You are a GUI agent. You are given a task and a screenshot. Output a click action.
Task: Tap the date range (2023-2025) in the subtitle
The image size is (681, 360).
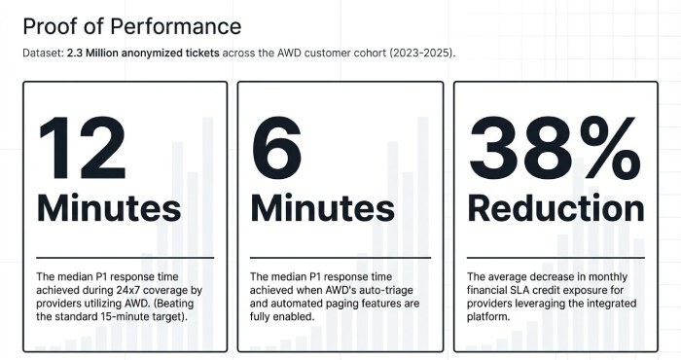420,52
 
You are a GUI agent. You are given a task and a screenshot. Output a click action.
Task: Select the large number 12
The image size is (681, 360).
83,148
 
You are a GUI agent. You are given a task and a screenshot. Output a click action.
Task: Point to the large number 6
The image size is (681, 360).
277,148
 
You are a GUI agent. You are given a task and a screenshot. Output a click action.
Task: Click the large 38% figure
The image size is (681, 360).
556,148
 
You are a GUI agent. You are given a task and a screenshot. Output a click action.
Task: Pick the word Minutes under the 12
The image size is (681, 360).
109,208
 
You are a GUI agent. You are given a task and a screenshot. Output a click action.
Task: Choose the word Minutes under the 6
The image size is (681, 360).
323,208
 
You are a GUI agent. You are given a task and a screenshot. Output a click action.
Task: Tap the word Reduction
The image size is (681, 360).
556,208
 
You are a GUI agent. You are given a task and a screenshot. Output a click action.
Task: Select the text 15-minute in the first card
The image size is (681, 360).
138,317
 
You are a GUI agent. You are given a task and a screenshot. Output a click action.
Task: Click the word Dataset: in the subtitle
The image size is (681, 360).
44,52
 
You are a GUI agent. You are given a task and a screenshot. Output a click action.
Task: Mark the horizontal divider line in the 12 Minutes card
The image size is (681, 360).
125,258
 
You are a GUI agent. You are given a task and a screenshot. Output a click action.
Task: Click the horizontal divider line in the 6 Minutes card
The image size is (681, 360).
339,258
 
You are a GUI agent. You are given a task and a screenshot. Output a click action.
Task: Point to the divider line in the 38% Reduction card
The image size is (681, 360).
556,258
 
